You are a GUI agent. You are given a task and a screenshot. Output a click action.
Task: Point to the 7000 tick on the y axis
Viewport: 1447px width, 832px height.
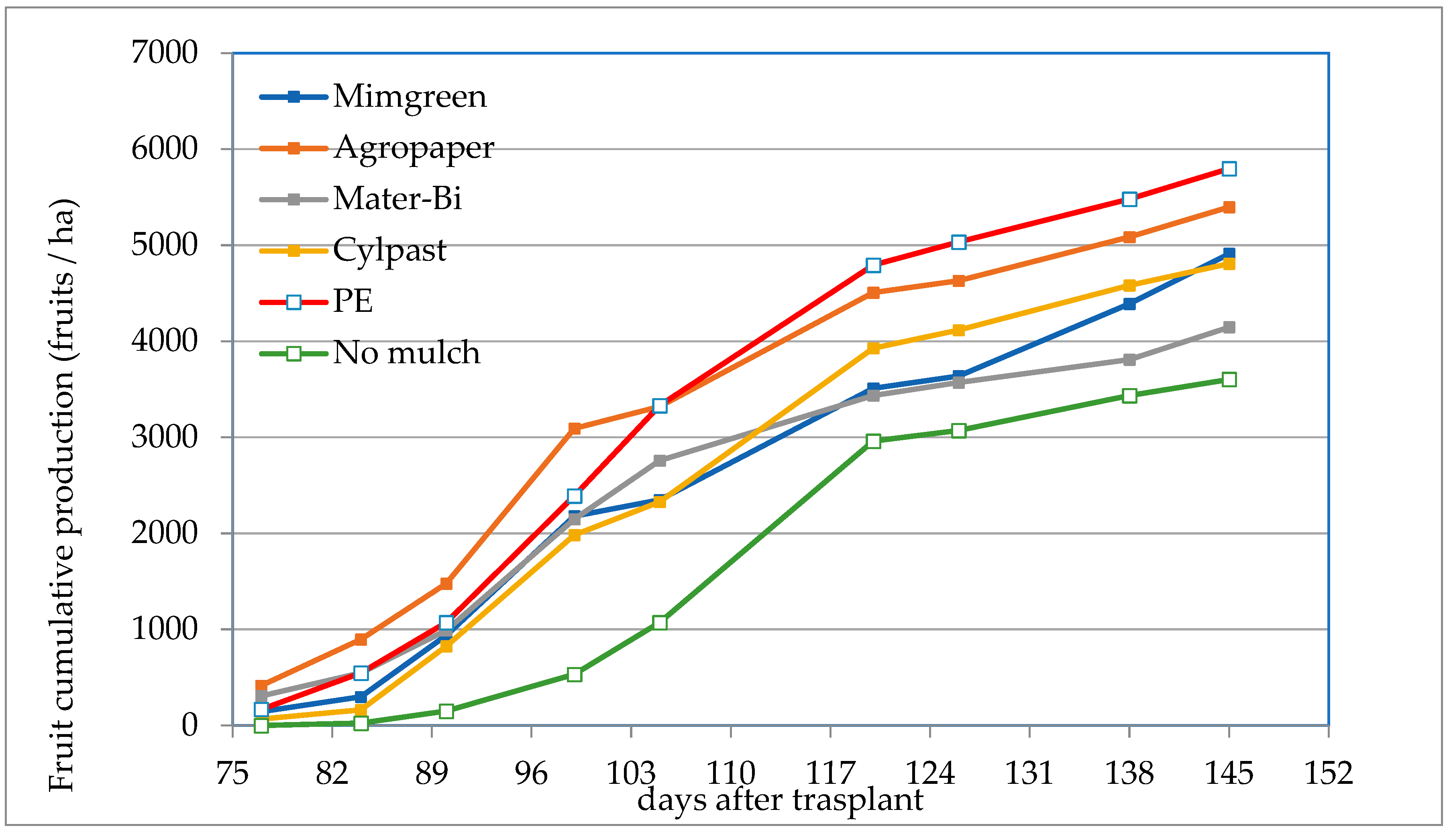[x=164, y=53]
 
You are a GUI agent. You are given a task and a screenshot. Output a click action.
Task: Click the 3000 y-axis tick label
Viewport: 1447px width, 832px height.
[x=164, y=437]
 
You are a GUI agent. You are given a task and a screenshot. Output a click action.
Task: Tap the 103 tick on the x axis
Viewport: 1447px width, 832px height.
[x=630, y=774]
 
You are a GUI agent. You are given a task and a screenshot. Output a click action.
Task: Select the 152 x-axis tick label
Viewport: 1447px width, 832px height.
[x=1329, y=774]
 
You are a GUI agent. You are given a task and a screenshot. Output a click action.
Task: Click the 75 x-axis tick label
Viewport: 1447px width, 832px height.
[x=232, y=774]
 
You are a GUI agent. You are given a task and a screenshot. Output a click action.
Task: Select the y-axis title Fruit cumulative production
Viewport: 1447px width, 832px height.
[x=62, y=495]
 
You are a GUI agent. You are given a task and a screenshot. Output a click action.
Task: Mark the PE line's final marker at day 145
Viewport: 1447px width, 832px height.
[x=1229, y=169]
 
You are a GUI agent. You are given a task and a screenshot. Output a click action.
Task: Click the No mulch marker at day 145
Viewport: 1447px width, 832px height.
[x=1229, y=379]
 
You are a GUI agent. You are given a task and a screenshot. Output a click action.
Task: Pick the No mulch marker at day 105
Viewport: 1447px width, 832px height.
[x=660, y=622]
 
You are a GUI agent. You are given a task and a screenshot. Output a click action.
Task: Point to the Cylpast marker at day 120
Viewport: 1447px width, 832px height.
[x=873, y=348]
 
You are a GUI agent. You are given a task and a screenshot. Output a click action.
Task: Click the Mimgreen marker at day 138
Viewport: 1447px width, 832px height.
[x=1129, y=303]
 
